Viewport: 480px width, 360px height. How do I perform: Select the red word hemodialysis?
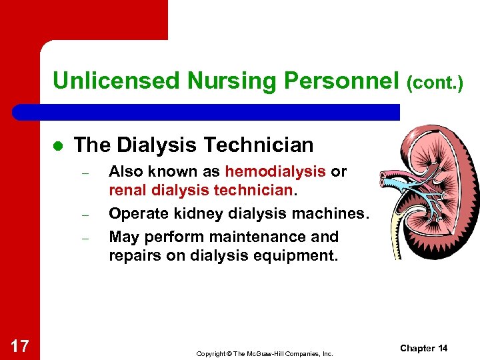pyautogui.click(x=275, y=171)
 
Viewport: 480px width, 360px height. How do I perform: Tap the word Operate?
pyautogui.click(x=136, y=214)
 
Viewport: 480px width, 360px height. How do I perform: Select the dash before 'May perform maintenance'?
pyautogui.click(x=85, y=237)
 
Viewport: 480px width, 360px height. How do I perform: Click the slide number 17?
pyautogui.click(x=20, y=345)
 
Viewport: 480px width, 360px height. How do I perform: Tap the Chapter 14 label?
pyautogui.click(x=423, y=349)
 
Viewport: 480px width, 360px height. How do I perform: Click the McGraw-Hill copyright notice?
pyautogui.click(x=264, y=353)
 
